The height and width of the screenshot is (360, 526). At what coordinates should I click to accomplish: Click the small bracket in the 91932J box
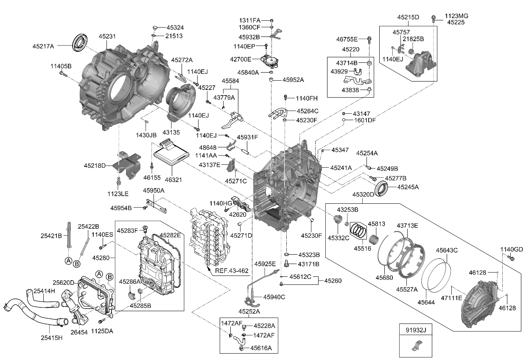pos(415,346)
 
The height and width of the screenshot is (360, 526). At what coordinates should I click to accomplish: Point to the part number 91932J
pos(415,329)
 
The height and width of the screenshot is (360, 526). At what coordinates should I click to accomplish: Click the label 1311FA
pos(250,20)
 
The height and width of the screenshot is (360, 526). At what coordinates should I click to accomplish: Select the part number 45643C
pos(445,250)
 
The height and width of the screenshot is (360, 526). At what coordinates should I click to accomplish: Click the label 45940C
pos(274,297)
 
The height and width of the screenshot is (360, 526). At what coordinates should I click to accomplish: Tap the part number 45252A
pos(249,312)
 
